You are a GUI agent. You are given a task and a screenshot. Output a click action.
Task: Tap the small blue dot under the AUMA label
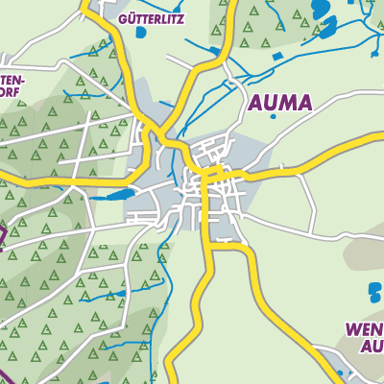[273, 118]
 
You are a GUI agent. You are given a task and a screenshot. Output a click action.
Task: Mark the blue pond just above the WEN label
[373, 289]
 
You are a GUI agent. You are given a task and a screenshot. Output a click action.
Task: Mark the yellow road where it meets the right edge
[380, 135]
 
